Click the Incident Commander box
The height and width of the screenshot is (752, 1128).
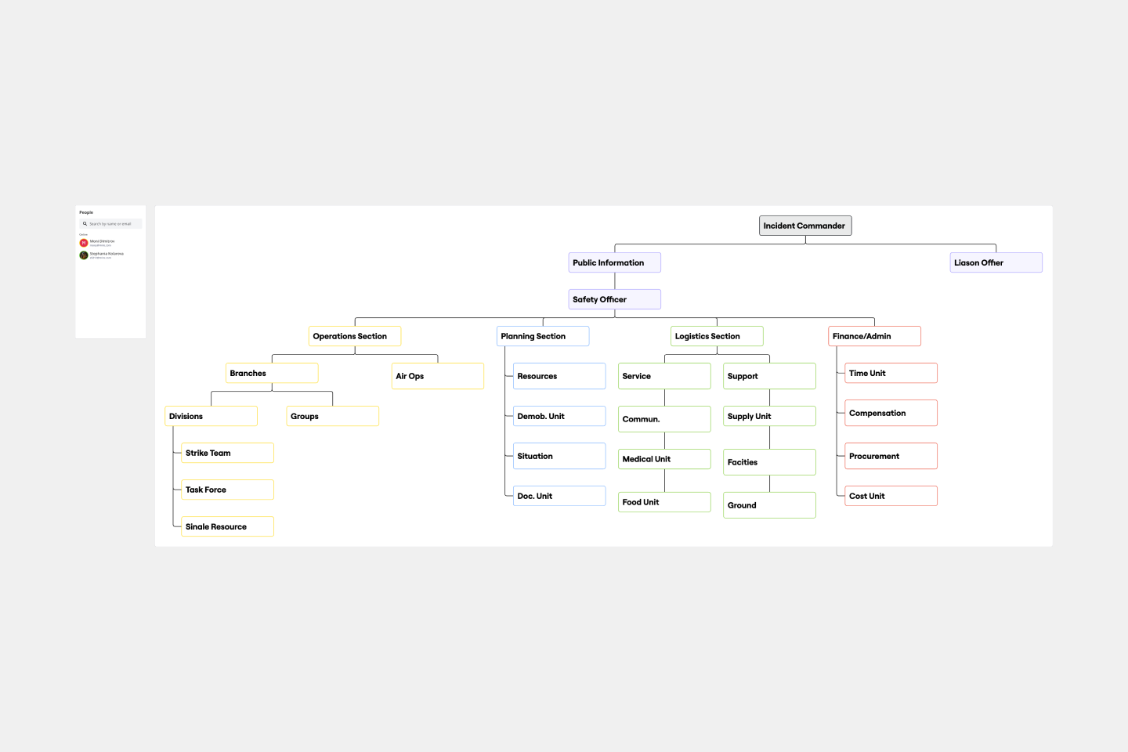tap(804, 226)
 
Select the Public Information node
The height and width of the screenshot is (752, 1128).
tap(614, 262)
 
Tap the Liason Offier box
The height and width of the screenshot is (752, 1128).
tap(996, 262)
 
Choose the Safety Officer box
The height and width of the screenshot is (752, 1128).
tap(614, 299)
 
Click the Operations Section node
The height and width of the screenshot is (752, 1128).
tap(354, 336)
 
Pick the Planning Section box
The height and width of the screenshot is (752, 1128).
tap(542, 336)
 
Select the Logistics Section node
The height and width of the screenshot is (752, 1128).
tap(717, 336)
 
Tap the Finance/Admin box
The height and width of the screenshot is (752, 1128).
tap(874, 336)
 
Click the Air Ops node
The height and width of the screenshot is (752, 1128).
tap(437, 376)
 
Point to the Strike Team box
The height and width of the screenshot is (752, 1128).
tap(227, 453)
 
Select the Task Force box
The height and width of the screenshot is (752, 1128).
tap(227, 490)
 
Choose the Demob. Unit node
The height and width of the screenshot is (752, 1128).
tap(559, 416)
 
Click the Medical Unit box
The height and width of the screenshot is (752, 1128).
tap(664, 459)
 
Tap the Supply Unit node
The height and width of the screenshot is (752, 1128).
tap(769, 416)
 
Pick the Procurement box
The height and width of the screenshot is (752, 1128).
tap(891, 456)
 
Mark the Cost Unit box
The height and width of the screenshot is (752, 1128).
tap(891, 496)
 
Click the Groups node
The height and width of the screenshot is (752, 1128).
tap(332, 416)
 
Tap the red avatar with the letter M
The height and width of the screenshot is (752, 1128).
tap(84, 243)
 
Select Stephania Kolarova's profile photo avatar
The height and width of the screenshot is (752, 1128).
tap(84, 255)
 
